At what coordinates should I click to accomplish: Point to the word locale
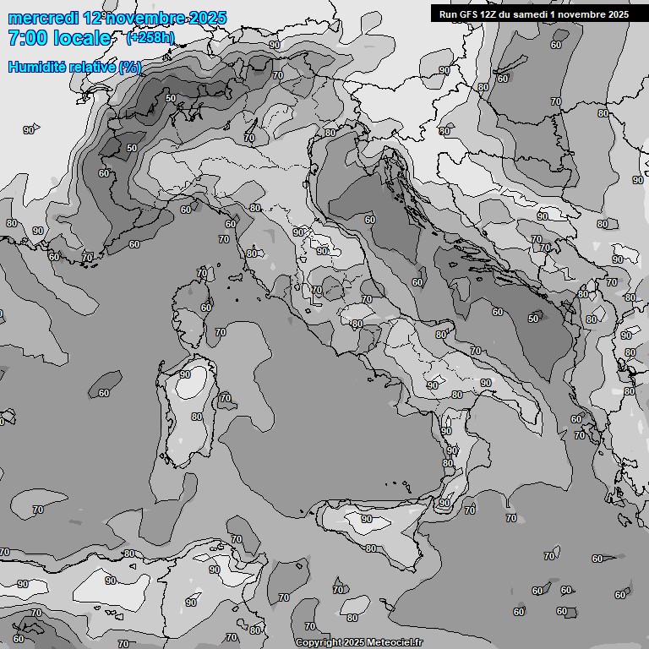point(87,38)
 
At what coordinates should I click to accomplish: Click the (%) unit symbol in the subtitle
point(130,67)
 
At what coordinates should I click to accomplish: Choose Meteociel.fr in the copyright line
point(394,642)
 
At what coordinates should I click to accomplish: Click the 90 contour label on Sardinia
point(185,374)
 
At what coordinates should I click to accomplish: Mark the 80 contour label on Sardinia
point(197,417)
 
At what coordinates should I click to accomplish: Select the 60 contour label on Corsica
point(206,308)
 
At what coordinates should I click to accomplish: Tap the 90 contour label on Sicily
point(366,519)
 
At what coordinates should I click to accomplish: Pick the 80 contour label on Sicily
point(371,548)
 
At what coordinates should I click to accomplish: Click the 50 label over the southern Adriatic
point(533,319)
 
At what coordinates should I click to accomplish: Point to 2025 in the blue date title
point(209,18)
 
